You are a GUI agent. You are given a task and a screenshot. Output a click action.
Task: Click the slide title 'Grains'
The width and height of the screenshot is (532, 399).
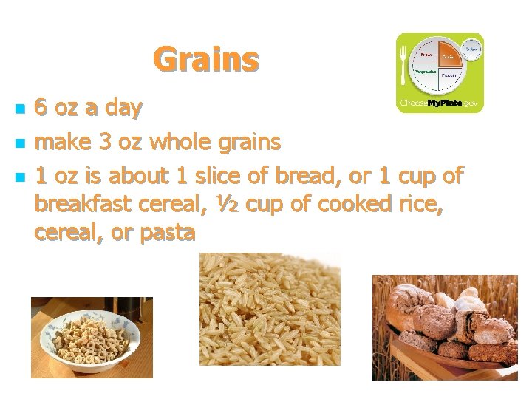(206, 59)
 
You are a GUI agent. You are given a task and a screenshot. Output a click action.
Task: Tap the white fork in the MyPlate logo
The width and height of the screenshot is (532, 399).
(403, 66)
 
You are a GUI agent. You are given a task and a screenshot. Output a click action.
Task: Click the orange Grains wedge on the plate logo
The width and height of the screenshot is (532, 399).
(449, 55)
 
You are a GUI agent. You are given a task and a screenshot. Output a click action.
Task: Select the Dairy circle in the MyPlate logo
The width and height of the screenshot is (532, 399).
(471, 49)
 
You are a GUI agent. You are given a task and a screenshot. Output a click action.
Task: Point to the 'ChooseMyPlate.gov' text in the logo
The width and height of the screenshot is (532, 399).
(440, 103)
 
